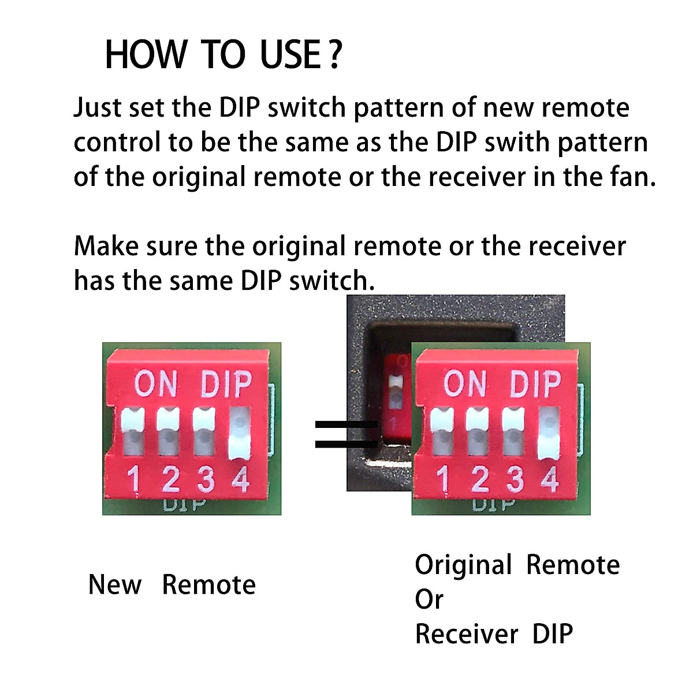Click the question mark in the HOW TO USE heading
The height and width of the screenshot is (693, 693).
click(x=334, y=55)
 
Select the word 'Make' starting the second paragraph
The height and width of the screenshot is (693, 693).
click(x=106, y=247)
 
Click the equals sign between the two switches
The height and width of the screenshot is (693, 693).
click(x=345, y=434)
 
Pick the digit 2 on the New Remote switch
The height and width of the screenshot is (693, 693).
click(x=170, y=479)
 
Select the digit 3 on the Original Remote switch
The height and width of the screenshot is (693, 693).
click(x=515, y=479)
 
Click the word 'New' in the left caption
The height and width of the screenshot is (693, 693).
click(x=114, y=585)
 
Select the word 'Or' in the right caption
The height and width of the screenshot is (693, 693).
click(x=429, y=599)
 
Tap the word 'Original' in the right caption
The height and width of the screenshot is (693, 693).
click(x=463, y=565)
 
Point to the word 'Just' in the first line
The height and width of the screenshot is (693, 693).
click(x=97, y=108)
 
